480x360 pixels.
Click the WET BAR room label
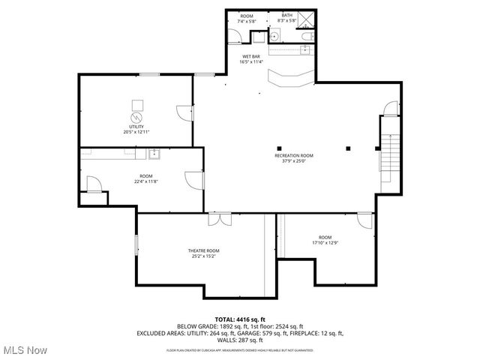click(x=250, y=56)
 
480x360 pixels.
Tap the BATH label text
click(x=287, y=16)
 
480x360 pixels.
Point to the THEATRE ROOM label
click(x=203, y=250)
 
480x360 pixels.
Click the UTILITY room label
click(x=136, y=127)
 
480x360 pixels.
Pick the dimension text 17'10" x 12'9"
click(x=325, y=243)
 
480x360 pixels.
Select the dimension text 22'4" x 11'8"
click(x=146, y=181)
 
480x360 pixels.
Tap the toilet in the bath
click(x=305, y=35)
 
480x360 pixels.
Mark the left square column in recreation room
click(x=279, y=147)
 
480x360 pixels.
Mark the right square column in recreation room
click(x=348, y=147)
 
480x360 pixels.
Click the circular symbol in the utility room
click(x=136, y=118)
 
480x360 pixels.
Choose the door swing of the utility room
click(x=183, y=112)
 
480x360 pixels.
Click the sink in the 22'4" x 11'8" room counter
click(x=154, y=154)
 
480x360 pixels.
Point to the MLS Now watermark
click(x=24, y=350)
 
